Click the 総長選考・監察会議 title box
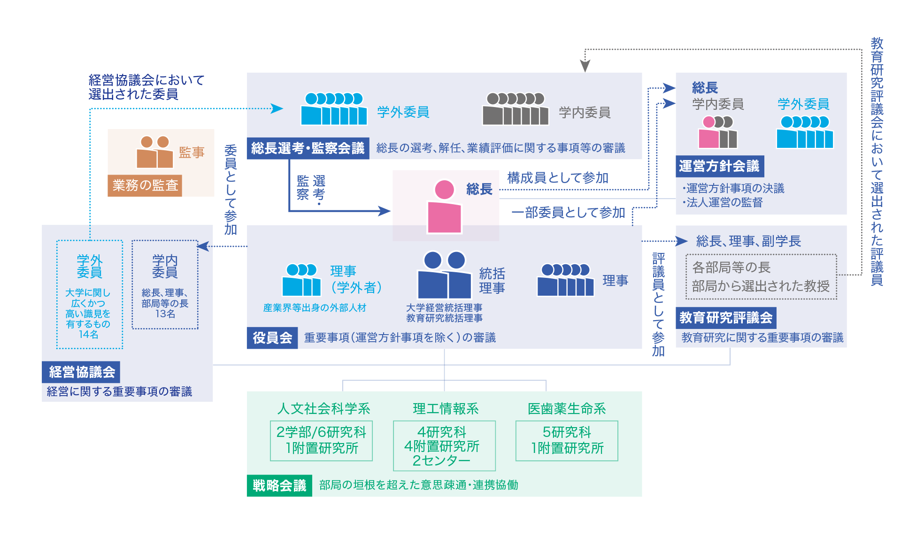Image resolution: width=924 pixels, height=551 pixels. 308,148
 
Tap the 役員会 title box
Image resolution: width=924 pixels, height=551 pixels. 272,338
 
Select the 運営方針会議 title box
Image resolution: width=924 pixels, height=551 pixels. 719,166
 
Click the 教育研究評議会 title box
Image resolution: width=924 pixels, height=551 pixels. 726,318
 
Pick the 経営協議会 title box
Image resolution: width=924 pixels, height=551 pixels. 82,372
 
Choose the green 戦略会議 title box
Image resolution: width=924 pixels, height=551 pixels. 279,485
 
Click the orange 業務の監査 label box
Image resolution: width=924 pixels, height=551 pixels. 145,185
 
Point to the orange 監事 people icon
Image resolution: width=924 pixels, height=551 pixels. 154,152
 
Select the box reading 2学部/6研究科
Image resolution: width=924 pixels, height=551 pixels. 321,441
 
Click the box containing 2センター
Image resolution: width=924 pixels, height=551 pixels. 444,445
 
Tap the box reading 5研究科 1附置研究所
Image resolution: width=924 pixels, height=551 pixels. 567,441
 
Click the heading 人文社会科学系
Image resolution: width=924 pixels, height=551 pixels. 323,409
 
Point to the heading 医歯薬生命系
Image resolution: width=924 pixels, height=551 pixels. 567,409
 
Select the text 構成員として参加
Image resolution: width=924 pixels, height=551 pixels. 558,178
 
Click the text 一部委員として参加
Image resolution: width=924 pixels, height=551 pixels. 568,213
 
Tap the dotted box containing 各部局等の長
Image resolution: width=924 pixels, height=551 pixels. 761,277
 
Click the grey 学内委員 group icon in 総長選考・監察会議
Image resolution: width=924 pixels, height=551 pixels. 516,109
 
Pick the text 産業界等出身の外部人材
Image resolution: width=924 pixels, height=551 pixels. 315,308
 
